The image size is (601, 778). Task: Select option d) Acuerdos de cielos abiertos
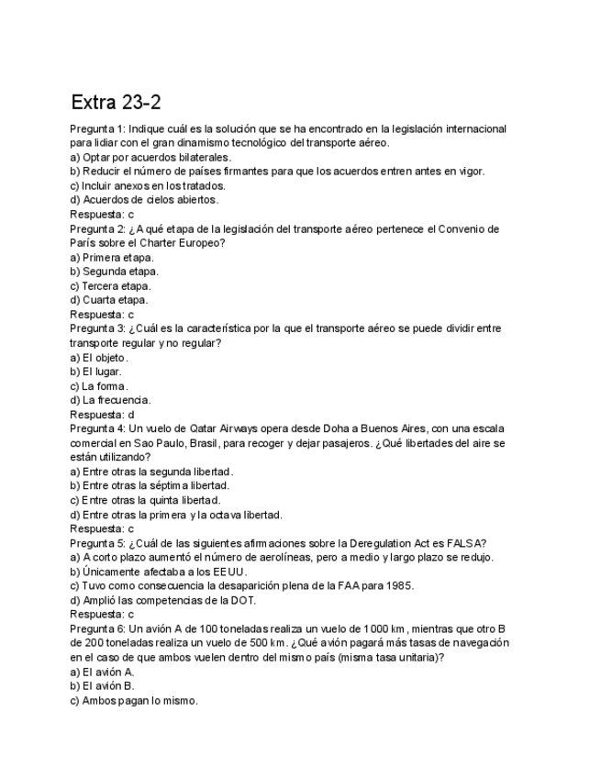click(144, 200)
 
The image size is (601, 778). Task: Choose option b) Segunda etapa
click(114, 272)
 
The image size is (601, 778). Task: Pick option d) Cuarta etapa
click(108, 300)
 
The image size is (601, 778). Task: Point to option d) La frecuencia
click(111, 400)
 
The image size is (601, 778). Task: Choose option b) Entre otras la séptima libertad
click(150, 485)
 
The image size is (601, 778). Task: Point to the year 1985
click(400, 585)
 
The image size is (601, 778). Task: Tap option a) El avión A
click(102, 672)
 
